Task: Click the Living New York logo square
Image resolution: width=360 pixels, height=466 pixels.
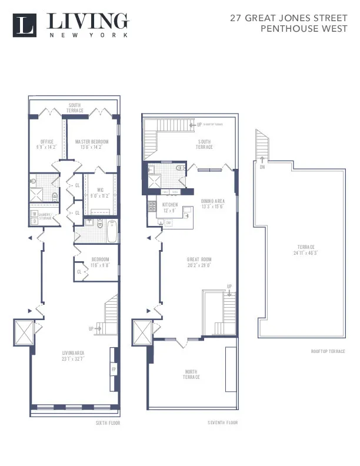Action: (25, 25)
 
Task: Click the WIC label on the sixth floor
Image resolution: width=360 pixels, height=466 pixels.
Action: (101, 192)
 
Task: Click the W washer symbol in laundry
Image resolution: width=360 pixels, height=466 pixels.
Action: (34, 214)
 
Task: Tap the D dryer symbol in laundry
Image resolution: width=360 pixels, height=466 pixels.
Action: (34, 221)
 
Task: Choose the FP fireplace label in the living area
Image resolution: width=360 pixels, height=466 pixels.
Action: (114, 369)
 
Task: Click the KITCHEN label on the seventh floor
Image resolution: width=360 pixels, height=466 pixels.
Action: (170, 207)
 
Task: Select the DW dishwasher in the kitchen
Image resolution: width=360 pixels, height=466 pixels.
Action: (168, 223)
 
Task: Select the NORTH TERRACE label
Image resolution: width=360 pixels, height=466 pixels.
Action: (191, 374)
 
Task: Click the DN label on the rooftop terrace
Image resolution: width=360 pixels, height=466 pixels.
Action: (261, 167)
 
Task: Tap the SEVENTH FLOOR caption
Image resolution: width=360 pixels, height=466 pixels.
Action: (223, 422)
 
